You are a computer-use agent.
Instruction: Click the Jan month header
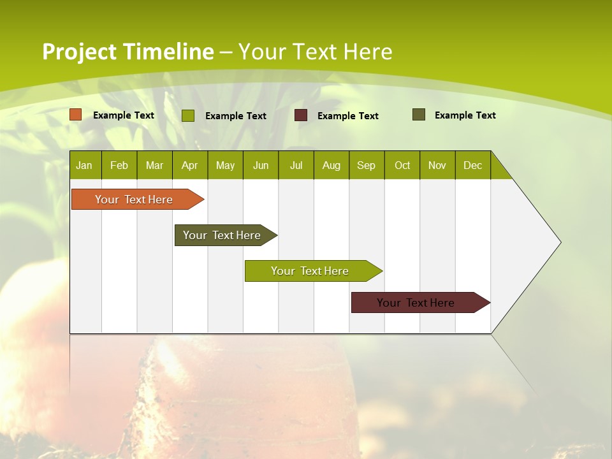point(85,165)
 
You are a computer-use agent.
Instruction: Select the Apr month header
point(190,165)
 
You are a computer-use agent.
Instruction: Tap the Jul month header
point(296,165)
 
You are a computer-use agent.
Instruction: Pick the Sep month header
point(366,165)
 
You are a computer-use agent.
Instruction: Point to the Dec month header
point(472,165)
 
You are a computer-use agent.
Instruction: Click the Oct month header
point(402,165)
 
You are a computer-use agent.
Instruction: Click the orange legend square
point(76,115)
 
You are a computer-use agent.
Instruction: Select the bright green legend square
point(188,115)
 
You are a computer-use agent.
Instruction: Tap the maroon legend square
point(301,115)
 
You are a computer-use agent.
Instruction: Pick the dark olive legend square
point(419,115)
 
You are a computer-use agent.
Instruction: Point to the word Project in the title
point(80,52)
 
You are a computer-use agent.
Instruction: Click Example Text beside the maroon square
point(347,116)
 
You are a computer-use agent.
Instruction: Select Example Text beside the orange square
point(124,115)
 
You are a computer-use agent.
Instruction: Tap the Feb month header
point(119,165)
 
